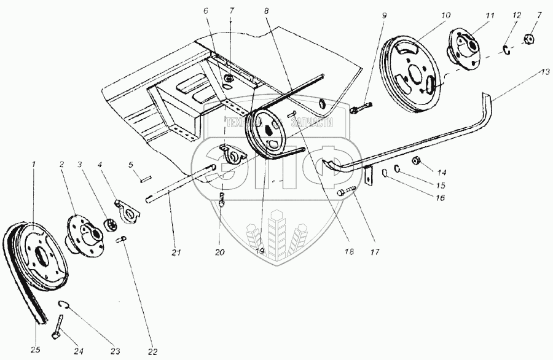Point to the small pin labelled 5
(x=144, y=180)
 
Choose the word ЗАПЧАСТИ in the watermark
(x=313, y=123)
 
